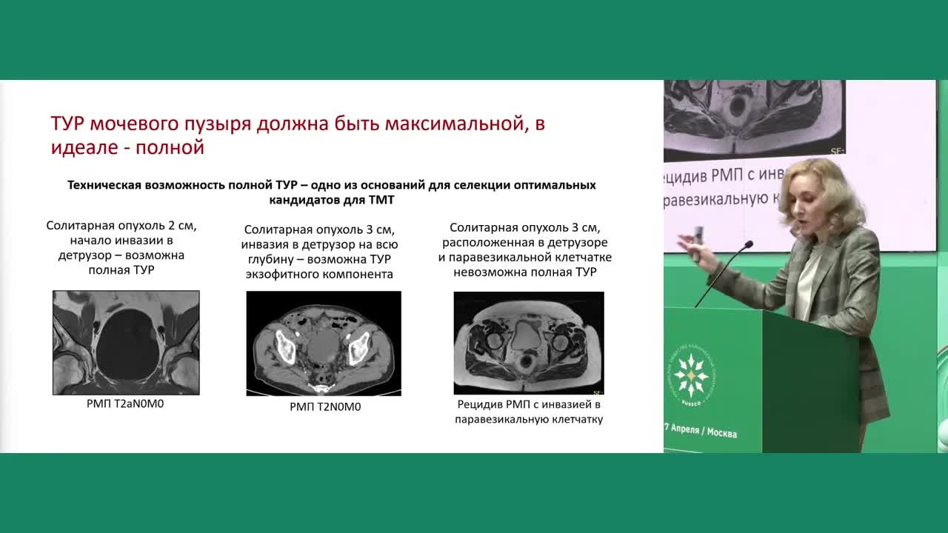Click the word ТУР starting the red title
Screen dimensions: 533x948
(69, 124)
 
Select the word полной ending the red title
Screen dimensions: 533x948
(178, 147)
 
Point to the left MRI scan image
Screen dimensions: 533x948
(126, 343)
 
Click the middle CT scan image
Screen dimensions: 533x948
(324, 343)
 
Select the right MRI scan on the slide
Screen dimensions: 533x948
(528, 343)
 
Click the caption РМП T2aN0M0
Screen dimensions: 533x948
(125, 405)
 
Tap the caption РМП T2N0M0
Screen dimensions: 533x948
(325, 406)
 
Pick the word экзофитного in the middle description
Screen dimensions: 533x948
(288, 275)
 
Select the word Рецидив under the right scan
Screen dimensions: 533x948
(481, 405)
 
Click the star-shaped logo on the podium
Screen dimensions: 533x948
(690, 375)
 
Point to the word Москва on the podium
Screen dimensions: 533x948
(722, 433)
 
